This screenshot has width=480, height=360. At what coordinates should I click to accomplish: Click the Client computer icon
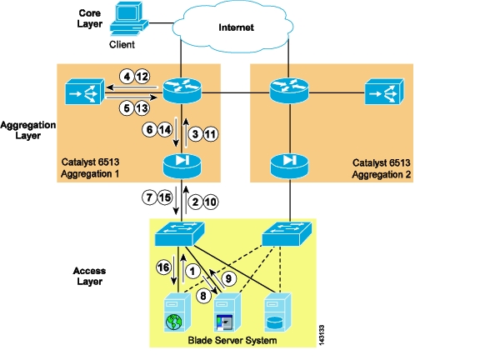(129, 18)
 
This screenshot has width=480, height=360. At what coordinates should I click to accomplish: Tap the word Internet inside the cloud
(236, 27)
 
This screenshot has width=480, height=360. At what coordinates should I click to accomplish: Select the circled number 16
(163, 267)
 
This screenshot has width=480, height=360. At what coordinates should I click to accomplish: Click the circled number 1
(192, 271)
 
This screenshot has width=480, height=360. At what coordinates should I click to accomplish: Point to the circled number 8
(203, 296)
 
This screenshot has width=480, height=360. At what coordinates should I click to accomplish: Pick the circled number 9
(228, 278)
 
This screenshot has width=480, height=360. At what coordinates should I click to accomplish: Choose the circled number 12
(142, 76)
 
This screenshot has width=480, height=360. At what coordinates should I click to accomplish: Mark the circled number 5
(127, 108)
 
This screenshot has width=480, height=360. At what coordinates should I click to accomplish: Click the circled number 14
(165, 130)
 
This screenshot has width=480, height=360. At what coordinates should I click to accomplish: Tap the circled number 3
(195, 134)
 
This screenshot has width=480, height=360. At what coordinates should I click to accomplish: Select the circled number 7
(149, 197)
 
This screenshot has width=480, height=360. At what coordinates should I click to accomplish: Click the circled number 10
(211, 202)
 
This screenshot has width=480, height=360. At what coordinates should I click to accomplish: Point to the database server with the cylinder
(277, 312)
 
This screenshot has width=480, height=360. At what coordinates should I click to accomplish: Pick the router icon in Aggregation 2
(289, 90)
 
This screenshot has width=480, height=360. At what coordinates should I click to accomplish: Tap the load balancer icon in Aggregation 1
(85, 92)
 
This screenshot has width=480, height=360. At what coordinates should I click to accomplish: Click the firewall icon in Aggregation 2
(289, 166)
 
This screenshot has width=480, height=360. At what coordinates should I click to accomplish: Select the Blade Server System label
(232, 340)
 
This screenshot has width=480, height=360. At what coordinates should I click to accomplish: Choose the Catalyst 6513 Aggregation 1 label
(90, 167)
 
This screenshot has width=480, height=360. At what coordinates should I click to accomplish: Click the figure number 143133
(321, 335)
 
